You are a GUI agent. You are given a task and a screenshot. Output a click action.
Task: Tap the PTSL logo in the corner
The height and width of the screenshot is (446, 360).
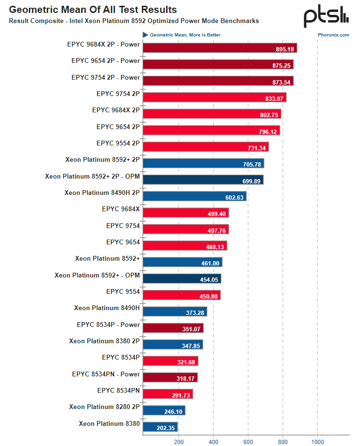[x=326, y=16]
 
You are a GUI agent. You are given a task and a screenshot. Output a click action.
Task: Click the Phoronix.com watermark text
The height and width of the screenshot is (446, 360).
[x=333, y=35]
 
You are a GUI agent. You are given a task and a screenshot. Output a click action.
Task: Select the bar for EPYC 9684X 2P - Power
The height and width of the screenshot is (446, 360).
[x=219, y=48]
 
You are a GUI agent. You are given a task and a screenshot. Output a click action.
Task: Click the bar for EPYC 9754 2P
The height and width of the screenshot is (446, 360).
[x=214, y=97]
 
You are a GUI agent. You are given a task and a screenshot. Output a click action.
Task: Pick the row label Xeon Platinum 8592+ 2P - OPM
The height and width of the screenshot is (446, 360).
[x=93, y=176]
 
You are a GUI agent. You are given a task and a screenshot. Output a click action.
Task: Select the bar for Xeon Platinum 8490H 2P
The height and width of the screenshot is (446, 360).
[x=194, y=196]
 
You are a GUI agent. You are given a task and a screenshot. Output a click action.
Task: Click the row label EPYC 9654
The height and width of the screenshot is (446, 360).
[x=123, y=242]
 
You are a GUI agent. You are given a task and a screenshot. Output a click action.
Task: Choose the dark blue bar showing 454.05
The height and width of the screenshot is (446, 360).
[x=181, y=278]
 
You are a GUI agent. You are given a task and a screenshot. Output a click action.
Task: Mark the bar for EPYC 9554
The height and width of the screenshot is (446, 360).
[x=181, y=295]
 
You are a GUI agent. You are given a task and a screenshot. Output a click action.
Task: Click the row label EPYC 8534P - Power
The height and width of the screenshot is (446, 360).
[x=108, y=325]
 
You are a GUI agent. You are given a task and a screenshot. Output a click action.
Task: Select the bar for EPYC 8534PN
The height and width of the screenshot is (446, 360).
[x=168, y=394]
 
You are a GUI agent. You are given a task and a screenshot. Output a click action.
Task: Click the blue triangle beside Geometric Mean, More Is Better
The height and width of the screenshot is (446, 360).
[x=145, y=35]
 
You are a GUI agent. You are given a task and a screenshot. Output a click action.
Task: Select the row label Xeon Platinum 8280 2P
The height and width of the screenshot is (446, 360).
[x=104, y=407]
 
